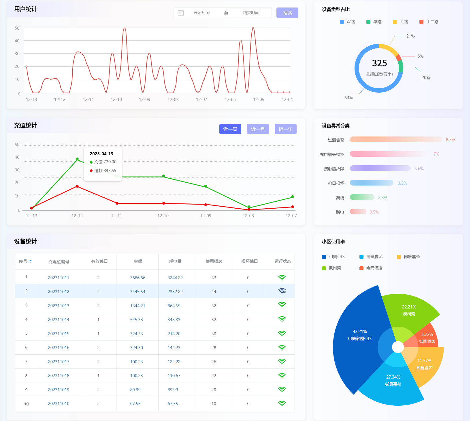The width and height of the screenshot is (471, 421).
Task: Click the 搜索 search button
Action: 287,13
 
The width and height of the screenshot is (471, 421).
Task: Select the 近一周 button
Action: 230,129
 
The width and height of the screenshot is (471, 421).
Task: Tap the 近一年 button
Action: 285,129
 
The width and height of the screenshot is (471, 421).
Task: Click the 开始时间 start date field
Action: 201,13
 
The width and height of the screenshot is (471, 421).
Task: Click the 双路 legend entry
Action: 347,22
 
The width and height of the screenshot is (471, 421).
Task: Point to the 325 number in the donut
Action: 379,63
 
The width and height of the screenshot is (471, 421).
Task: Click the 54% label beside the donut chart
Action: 349,98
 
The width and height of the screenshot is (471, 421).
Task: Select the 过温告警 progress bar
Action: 396,140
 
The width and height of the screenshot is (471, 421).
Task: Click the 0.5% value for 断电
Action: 374,212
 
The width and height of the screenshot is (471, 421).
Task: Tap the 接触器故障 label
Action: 334,169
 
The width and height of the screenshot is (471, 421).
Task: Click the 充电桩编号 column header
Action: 59,262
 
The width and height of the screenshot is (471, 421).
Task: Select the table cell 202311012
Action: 59,292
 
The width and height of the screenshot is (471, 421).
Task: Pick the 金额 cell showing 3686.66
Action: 137,278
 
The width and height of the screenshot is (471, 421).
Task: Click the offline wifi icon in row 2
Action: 282,291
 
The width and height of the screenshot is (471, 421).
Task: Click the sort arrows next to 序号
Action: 31,261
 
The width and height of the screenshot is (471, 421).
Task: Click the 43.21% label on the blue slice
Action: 360,332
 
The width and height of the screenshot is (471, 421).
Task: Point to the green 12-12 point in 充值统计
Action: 77,159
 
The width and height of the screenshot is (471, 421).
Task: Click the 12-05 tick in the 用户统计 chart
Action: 259,100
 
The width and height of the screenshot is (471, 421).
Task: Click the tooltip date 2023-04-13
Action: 101,154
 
